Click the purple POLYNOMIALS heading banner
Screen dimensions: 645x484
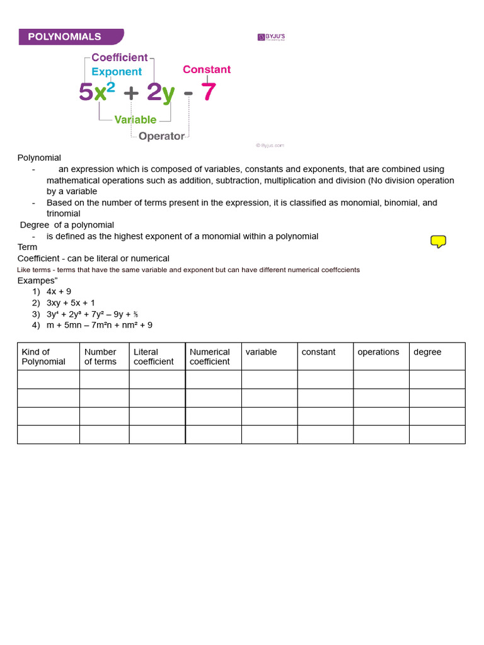click(x=71, y=37)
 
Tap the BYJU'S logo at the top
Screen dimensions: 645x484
click(x=272, y=37)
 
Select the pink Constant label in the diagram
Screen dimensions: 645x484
click(x=207, y=69)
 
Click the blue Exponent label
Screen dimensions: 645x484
click(x=117, y=72)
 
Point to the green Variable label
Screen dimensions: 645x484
click(x=135, y=120)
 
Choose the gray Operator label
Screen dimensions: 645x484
click(x=161, y=136)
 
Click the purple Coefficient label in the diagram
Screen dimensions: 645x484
click(x=120, y=57)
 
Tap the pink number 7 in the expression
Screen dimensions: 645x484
click(x=208, y=93)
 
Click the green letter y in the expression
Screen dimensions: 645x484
click(x=168, y=94)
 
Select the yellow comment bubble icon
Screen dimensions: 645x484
click(x=438, y=241)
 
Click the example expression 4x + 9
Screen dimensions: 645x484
click(x=59, y=292)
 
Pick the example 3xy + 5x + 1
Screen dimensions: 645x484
click(x=71, y=303)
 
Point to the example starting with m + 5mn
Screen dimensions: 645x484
click(x=99, y=325)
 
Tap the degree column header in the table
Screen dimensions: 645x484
click(x=427, y=352)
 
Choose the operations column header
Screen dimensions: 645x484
click(x=378, y=352)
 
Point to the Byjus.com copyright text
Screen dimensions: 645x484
click(x=270, y=145)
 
